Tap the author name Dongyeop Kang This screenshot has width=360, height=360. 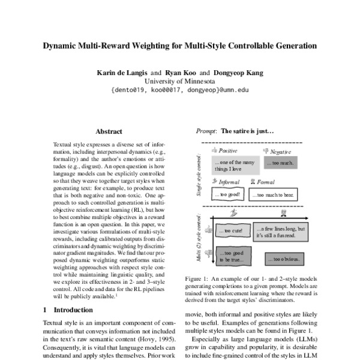[238, 73]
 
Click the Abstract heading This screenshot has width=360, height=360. [109, 131]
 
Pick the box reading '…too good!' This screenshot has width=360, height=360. [227, 195]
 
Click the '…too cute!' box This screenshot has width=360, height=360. [231, 230]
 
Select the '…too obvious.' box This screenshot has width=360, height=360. [281, 259]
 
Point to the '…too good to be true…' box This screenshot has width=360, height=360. [230, 257]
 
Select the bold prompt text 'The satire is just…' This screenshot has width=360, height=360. [247, 130]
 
